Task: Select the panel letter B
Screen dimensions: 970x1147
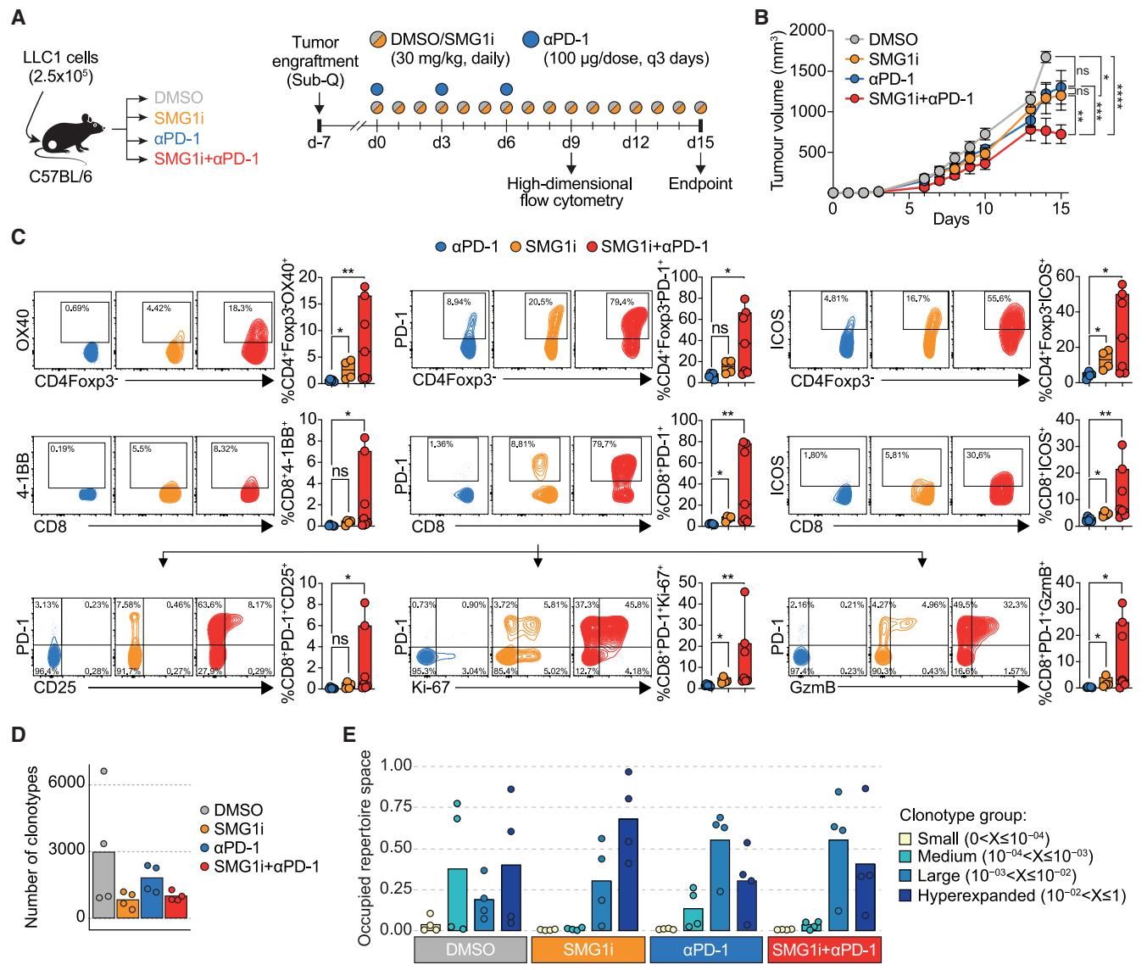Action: pos(761,17)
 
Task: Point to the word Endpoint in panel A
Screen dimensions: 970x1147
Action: pos(700,184)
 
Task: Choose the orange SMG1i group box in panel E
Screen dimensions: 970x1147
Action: pos(589,950)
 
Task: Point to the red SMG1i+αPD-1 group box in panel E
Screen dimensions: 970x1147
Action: pos(823,950)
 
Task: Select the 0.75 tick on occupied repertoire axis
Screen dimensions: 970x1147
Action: pos(395,806)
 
